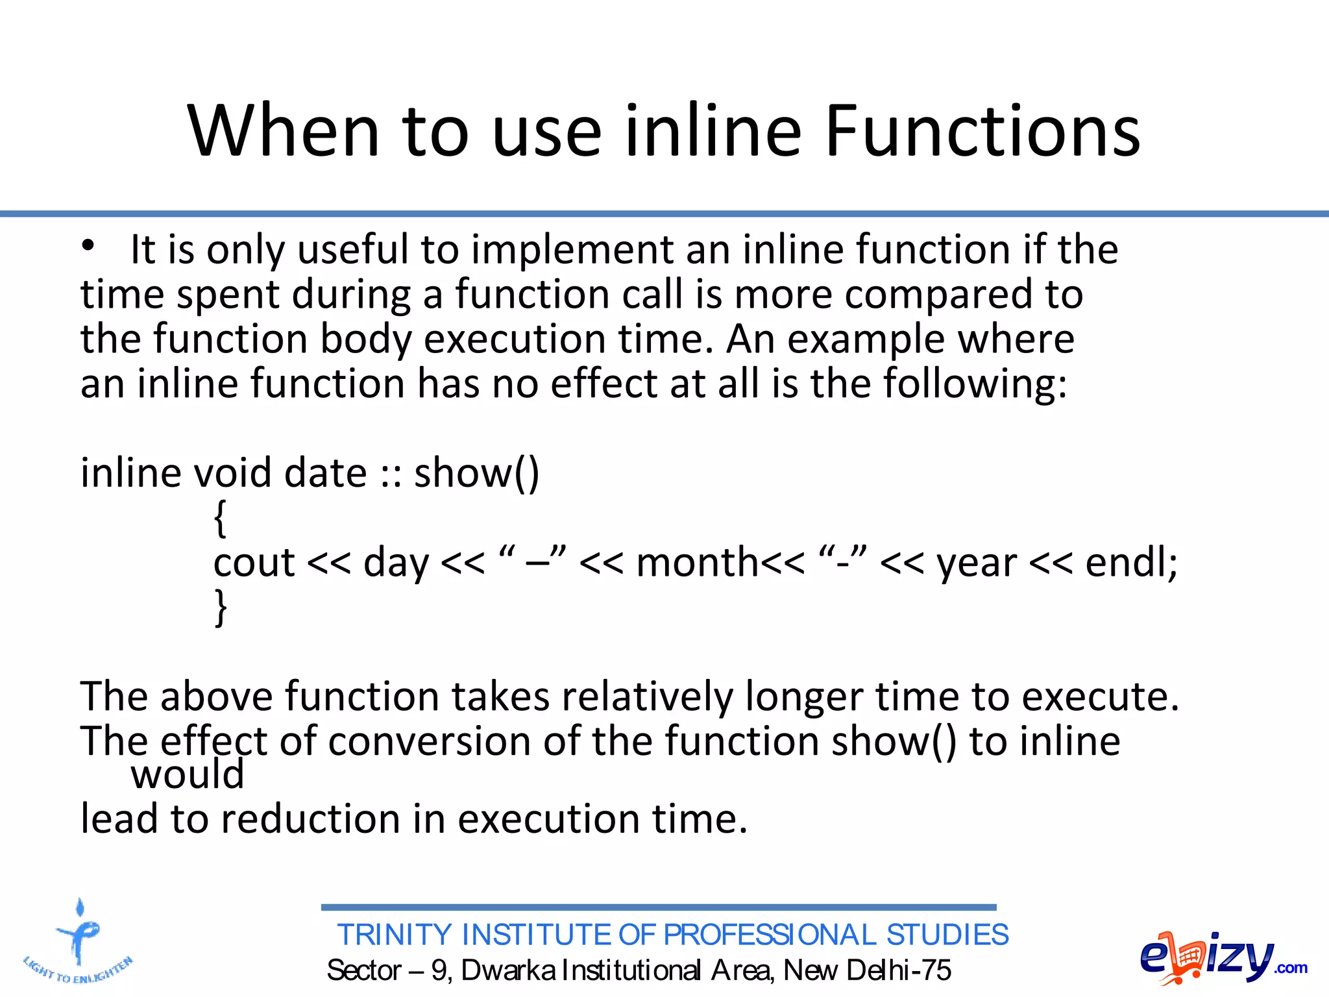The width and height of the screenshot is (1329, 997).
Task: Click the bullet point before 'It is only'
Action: (x=88, y=246)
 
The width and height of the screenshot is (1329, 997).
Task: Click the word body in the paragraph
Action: (x=366, y=340)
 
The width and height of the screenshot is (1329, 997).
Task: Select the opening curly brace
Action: (x=221, y=519)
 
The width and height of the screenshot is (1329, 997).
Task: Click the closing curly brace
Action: (x=221, y=608)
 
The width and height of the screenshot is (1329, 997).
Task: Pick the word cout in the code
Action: (x=254, y=563)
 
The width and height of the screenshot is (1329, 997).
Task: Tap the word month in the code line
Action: (x=697, y=563)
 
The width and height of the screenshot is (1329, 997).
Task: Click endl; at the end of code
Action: (x=1131, y=563)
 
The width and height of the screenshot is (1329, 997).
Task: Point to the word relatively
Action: (x=646, y=697)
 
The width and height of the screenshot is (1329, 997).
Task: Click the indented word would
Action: (x=187, y=775)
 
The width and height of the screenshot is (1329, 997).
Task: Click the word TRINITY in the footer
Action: (x=395, y=935)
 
